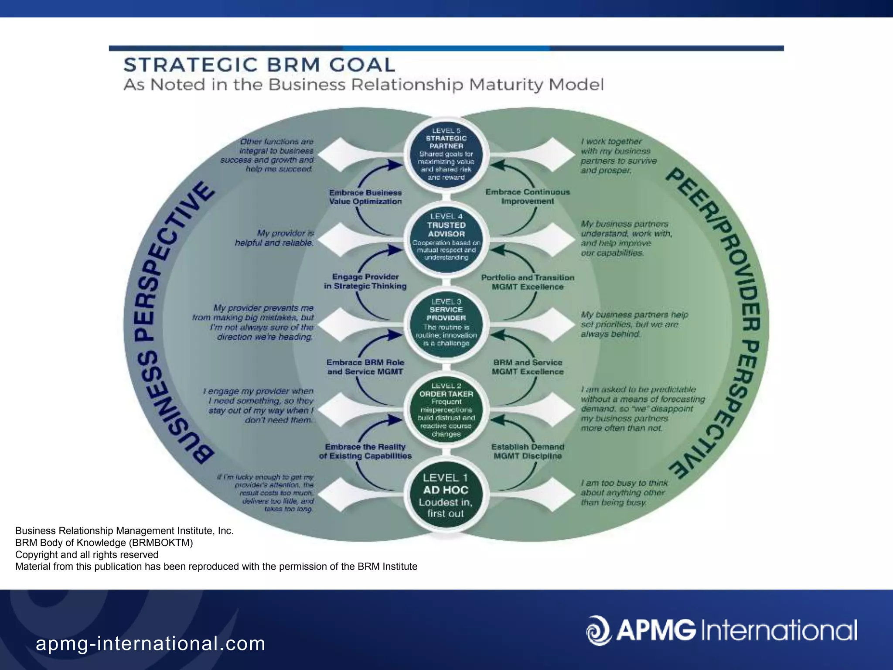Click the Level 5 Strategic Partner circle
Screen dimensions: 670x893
pyautogui.click(x=446, y=154)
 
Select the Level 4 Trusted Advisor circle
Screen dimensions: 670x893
pyautogui.click(x=446, y=238)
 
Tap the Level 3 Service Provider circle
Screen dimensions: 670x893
pyautogui.click(x=446, y=323)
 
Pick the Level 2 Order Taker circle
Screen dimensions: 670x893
pyautogui.click(x=446, y=410)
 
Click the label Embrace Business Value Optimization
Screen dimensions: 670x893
pyautogui.click(x=365, y=197)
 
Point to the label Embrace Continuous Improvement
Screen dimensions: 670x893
pyautogui.click(x=528, y=196)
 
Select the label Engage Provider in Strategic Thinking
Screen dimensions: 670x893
pyautogui.click(x=365, y=281)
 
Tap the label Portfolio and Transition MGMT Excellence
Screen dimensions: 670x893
pyautogui.click(x=528, y=282)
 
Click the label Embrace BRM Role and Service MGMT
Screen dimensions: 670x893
pyautogui.click(x=365, y=367)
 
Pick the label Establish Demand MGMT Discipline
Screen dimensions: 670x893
pyautogui.click(x=528, y=451)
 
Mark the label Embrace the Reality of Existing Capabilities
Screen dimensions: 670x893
pyautogui.click(x=365, y=451)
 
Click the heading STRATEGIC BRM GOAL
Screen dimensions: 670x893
pyautogui.click(x=259, y=65)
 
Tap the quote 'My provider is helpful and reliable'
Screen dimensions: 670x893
pyautogui.click(x=275, y=238)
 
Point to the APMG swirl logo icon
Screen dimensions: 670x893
pyautogui.click(x=598, y=630)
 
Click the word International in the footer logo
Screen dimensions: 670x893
pyautogui.click(x=779, y=630)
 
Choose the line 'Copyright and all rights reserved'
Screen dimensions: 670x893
pyautogui.click(x=87, y=554)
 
